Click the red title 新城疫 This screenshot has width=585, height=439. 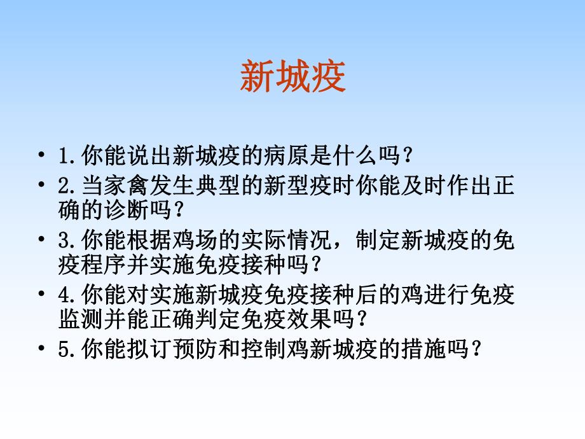(292, 78)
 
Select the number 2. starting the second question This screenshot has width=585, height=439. (67, 187)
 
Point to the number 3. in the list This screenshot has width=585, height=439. (67, 241)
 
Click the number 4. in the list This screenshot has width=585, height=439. (67, 295)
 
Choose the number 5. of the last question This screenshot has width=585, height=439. (67, 349)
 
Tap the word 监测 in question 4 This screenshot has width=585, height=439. (69, 317)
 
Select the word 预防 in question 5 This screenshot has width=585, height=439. (183, 349)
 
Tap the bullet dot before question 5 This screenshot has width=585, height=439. (42, 349)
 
